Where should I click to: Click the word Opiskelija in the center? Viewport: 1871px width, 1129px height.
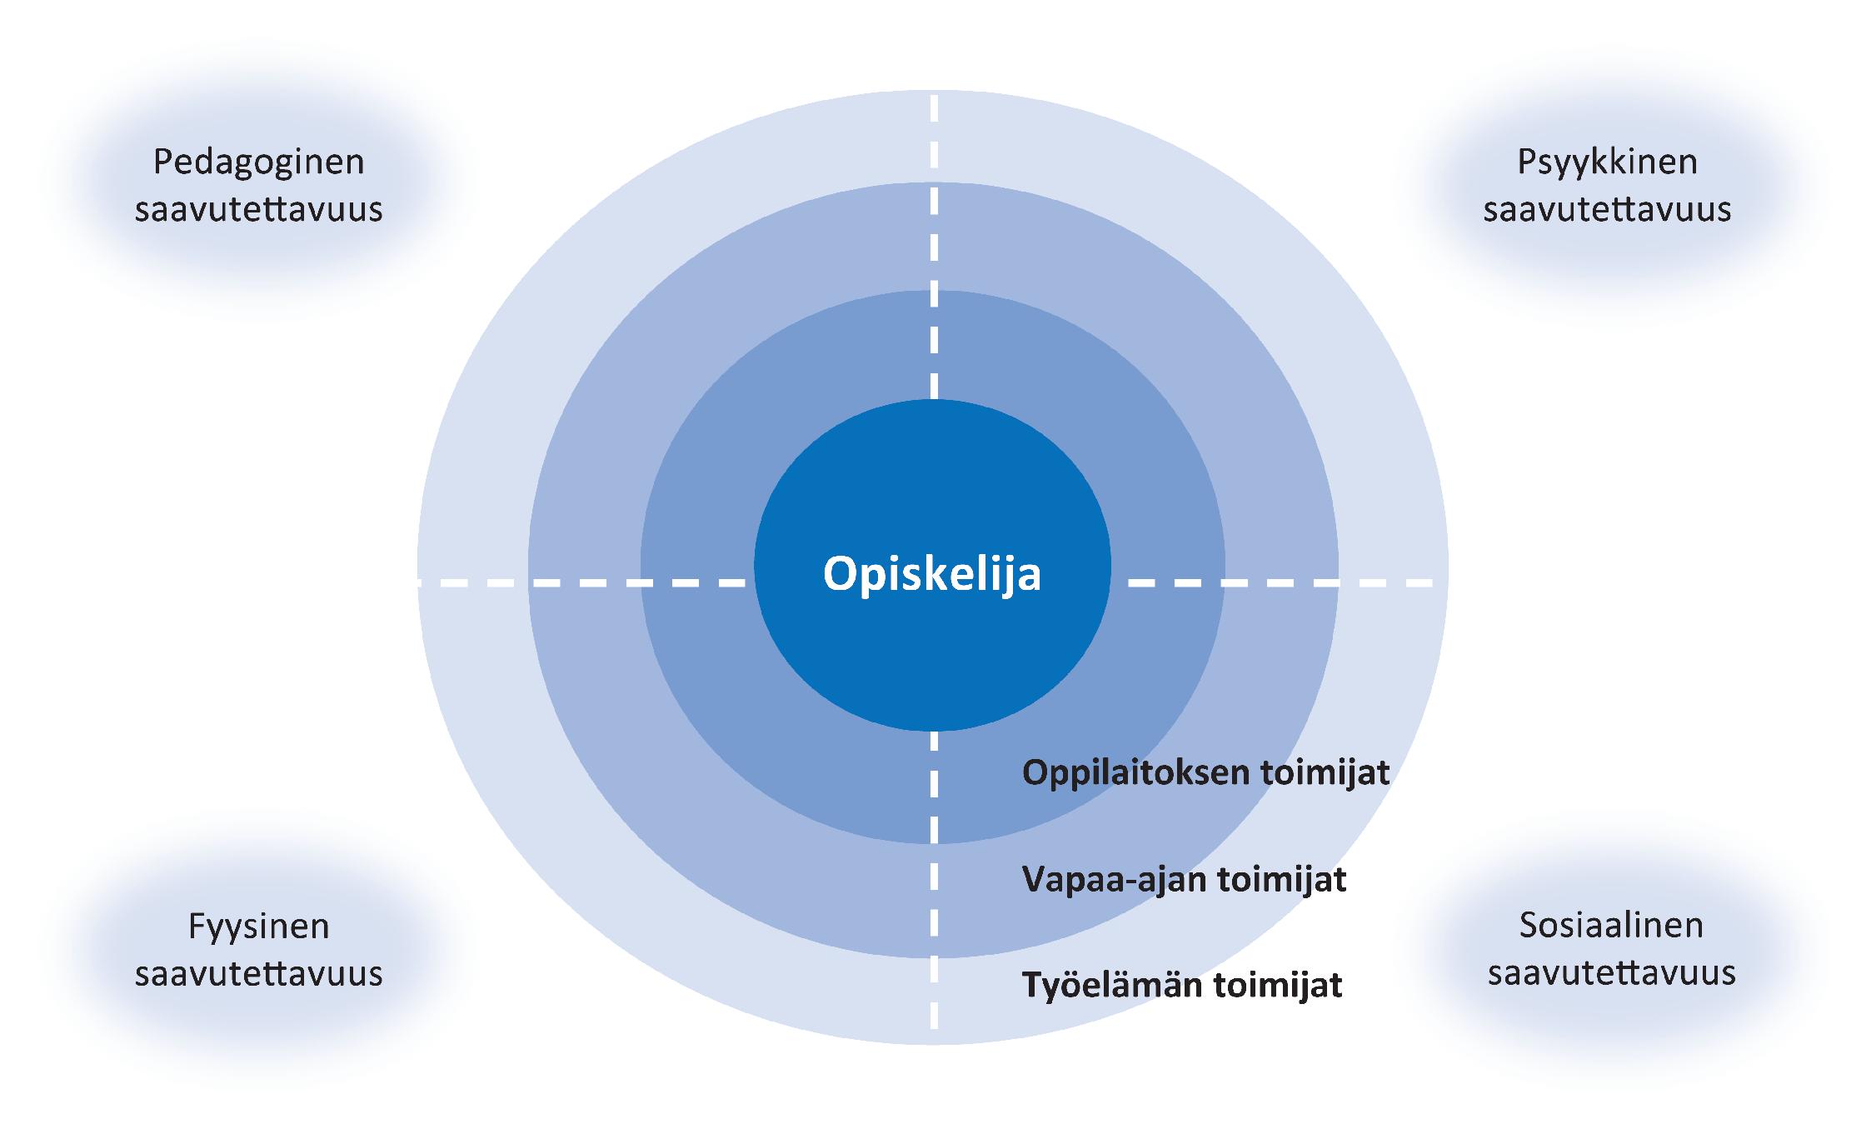coord(931,574)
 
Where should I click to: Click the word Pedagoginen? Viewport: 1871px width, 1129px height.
coord(258,162)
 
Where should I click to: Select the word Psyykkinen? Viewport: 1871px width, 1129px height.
coord(1607,162)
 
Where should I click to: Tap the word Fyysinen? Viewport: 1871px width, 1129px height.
coord(258,927)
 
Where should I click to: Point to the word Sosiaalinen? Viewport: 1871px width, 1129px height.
coord(1611,925)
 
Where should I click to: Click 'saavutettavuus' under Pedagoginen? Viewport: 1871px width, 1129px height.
coord(258,209)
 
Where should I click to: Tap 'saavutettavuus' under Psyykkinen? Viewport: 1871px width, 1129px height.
coord(1607,209)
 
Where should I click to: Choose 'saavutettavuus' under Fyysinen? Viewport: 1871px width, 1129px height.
coord(258,973)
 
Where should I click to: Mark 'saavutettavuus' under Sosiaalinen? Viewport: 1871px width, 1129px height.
coord(1611,972)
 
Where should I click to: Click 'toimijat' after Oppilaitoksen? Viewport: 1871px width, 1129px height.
coord(1325,773)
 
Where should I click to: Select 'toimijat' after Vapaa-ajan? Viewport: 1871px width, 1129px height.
coord(1282,879)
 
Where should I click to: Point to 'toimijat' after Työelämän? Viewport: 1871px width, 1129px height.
coord(1277,985)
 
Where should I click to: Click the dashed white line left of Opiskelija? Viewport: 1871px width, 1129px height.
coord(583,582)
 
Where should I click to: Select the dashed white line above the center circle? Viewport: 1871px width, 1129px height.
coord(933,250)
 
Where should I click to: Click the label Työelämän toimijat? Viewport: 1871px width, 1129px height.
coord(1181,985)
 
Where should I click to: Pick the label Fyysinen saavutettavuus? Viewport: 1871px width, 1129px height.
coord(258,950)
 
